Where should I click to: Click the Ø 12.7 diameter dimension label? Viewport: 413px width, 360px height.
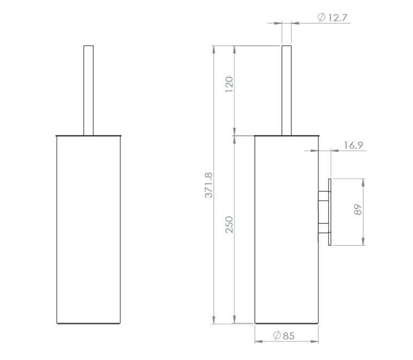332,17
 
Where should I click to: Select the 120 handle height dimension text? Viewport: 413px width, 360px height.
229,84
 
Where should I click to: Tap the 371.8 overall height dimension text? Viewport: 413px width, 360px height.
208,185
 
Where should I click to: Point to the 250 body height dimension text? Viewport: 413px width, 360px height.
229,224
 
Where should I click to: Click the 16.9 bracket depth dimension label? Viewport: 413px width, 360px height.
354,145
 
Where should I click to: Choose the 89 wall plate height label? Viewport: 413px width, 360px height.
357,210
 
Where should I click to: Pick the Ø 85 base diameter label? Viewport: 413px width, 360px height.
283,335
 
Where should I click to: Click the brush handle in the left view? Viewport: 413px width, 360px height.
89,90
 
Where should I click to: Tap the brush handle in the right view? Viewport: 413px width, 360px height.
287,90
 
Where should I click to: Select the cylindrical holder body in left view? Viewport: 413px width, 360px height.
89,229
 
